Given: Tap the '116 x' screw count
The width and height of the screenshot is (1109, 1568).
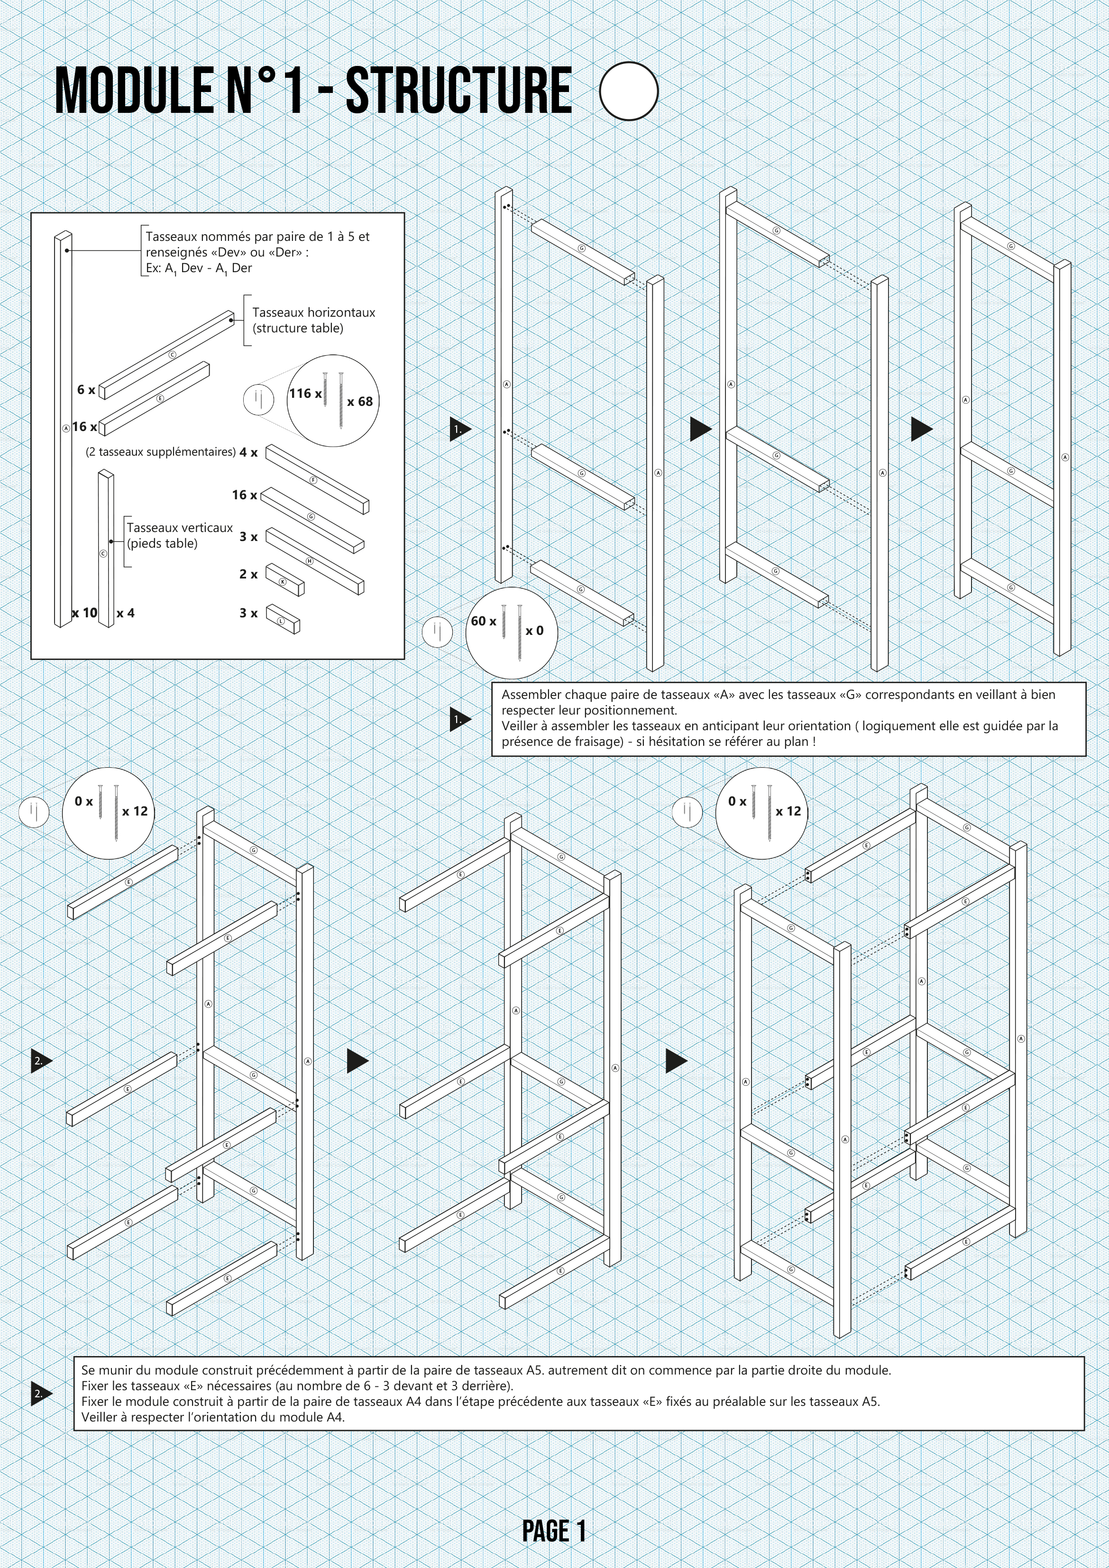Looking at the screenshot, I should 304,394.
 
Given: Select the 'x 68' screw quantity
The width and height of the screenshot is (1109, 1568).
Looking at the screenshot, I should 360,402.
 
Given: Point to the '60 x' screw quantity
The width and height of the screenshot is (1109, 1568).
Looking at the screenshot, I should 484,621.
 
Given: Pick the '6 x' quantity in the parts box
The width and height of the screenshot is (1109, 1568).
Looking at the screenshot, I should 86,390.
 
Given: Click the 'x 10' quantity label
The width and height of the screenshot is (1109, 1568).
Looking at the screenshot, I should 85,613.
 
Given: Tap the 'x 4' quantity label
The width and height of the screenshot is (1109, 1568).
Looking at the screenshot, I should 125,613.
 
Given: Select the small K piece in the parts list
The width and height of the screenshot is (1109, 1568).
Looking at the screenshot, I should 285,580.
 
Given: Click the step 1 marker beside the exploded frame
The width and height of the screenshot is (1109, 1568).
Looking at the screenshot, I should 459,430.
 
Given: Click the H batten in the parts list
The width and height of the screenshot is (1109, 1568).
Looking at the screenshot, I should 314,560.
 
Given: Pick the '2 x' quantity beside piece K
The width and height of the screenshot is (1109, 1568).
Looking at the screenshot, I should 248,574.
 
